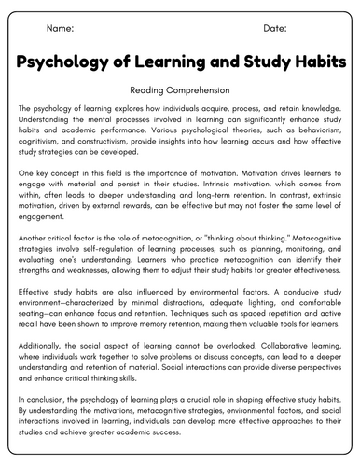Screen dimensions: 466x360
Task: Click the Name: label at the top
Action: pos(59,29)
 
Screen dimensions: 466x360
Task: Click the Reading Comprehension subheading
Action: pos(179,90)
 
